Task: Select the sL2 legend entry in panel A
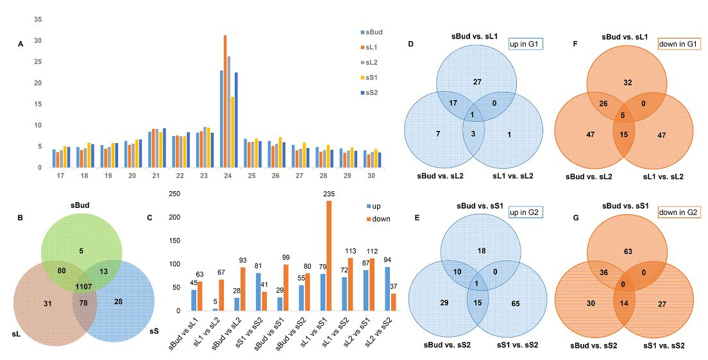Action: (372, 62)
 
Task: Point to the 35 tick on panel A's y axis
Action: (38, 20)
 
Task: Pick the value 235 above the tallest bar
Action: (330, 194)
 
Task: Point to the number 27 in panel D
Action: (476, 82)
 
